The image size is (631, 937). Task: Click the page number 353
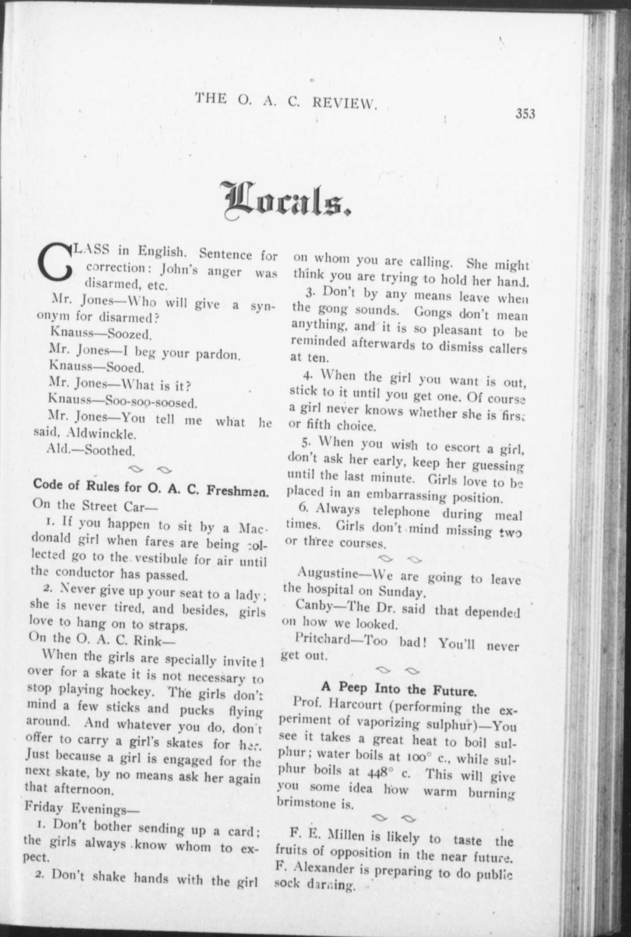525,114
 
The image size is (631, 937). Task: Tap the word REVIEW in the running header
345,103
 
